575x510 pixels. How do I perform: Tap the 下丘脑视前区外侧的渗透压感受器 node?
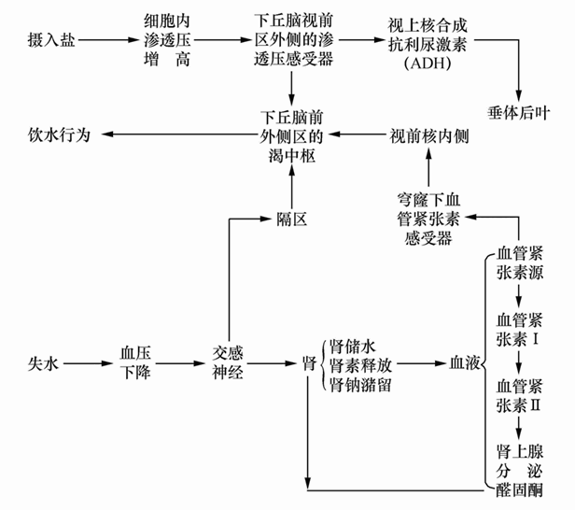pyautogui.click(x=292, y=41)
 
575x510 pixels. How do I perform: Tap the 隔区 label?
pyautogui.click(x=292, y=219)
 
